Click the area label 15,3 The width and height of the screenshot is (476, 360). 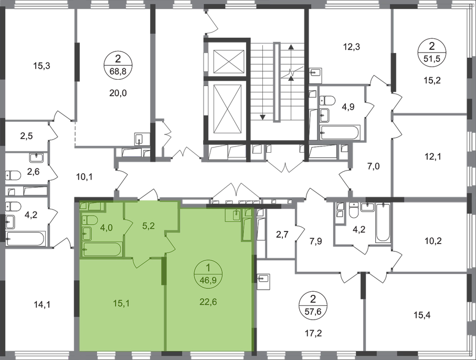[x=41, y=66]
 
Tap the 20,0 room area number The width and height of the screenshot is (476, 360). [x=118, y=93]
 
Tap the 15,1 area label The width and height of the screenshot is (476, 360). [x=121, y=303]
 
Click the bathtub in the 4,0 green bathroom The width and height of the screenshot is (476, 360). [x=102, y=249]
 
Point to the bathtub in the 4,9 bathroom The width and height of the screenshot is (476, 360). [x=340, y=133]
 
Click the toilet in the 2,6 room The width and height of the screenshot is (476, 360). [x=13, y=175]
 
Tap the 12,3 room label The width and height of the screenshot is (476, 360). [x=352, y=47]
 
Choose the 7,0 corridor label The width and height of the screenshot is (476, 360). [x=374, y=166]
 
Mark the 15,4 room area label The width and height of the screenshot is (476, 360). [x=422, y=315]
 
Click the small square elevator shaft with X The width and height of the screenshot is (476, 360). [x=229, y=61]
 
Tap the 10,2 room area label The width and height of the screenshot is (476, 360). [x=433, y=241]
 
